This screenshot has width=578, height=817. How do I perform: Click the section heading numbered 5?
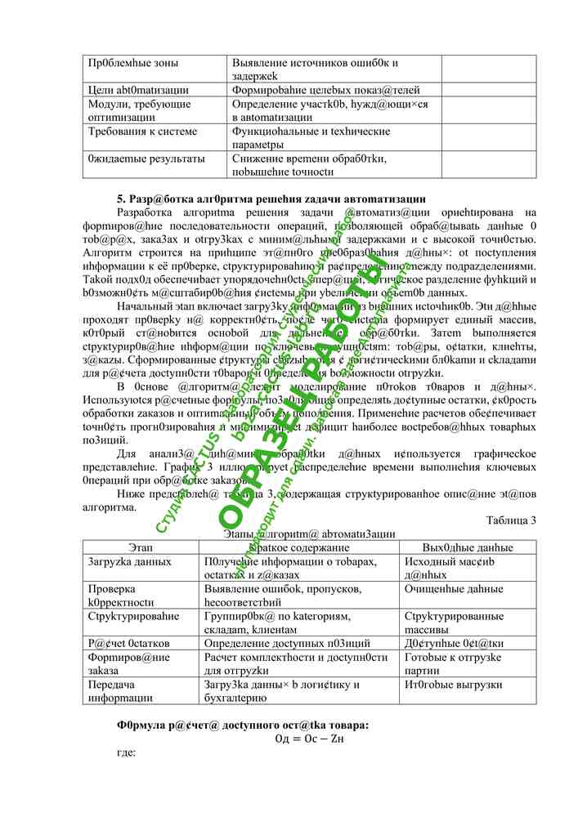tap(271, 199)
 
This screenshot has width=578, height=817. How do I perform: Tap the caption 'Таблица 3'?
tap(511, 520)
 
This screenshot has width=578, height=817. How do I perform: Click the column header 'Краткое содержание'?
tap(301, 547)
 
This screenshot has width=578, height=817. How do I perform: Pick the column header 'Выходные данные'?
tap(468, 547)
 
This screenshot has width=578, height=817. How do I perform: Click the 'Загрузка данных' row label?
tap(129, 562)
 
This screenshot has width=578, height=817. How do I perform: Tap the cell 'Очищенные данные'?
tap(454, 588)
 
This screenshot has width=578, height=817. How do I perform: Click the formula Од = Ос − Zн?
tap(310, 739)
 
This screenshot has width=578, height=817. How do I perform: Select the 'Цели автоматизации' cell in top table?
tap(138, 90)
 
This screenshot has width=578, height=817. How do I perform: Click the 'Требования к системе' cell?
tap(142, 132)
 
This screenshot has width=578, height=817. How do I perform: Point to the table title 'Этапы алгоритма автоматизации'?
tap(310, 534)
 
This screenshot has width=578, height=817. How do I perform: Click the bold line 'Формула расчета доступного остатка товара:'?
tap(243, 725)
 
